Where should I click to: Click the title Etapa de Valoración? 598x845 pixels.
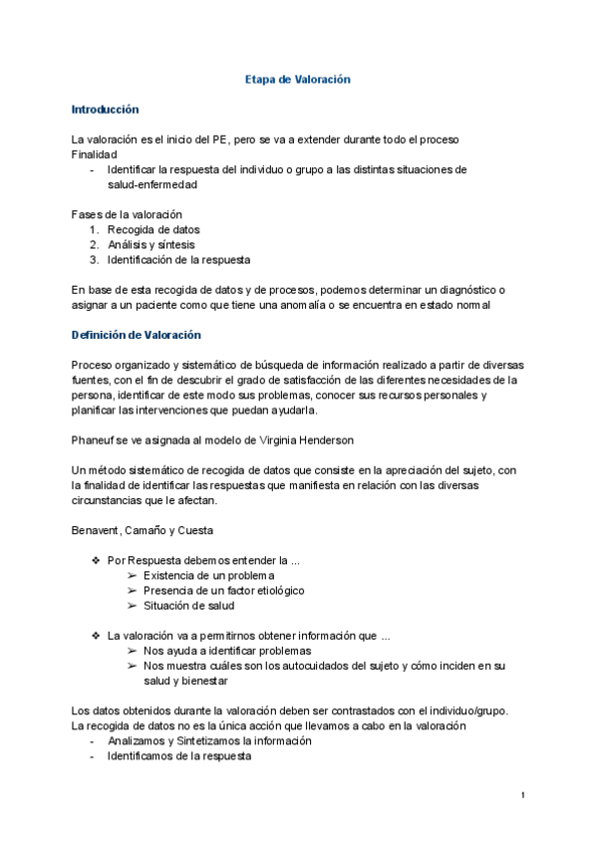coord(298,80)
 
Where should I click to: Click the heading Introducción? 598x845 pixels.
coord(105,110)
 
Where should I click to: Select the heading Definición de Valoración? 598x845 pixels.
coord(137,335)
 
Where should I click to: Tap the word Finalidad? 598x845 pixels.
coord(95,154)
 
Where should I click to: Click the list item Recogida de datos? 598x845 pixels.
coord(153,229)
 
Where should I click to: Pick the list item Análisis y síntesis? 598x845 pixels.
coord(151,244)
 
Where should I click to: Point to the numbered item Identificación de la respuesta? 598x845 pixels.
coord(179,260)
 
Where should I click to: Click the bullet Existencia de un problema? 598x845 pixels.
coord(208,575)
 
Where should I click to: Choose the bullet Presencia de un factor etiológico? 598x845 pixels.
coord(223,590)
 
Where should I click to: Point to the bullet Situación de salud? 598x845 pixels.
coord(188,605)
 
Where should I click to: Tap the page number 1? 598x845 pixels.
coord(523,794)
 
